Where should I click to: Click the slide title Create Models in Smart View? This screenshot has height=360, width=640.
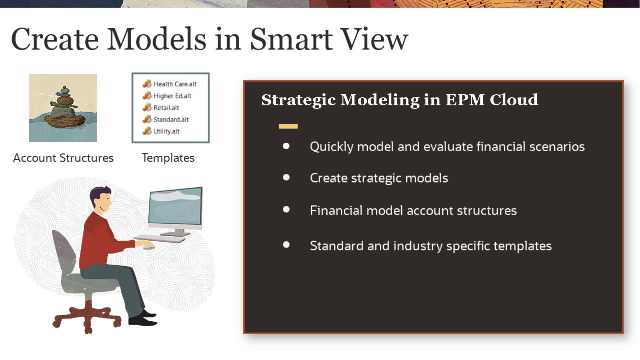tap(209, 39)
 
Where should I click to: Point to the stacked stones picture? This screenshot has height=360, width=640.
tap(63, 108)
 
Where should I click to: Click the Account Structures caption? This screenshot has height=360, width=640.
tap(63, 158)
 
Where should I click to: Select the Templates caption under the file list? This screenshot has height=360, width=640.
tap(168, 158)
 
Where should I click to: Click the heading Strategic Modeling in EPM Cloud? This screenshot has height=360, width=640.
tap(399, 100)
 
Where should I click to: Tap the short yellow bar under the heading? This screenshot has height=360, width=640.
tap(288, 127)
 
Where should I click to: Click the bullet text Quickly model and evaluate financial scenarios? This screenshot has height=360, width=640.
tap(447, 147)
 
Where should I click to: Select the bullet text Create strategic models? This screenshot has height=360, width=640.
tap(379, 178)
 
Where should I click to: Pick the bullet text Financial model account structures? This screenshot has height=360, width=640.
tap(413, 210)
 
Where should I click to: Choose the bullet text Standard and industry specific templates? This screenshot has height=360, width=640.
tap(430, 246)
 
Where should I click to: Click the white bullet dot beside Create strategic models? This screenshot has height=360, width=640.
tap(286, 178)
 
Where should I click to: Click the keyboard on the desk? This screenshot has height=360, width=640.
tap(159, 239)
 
